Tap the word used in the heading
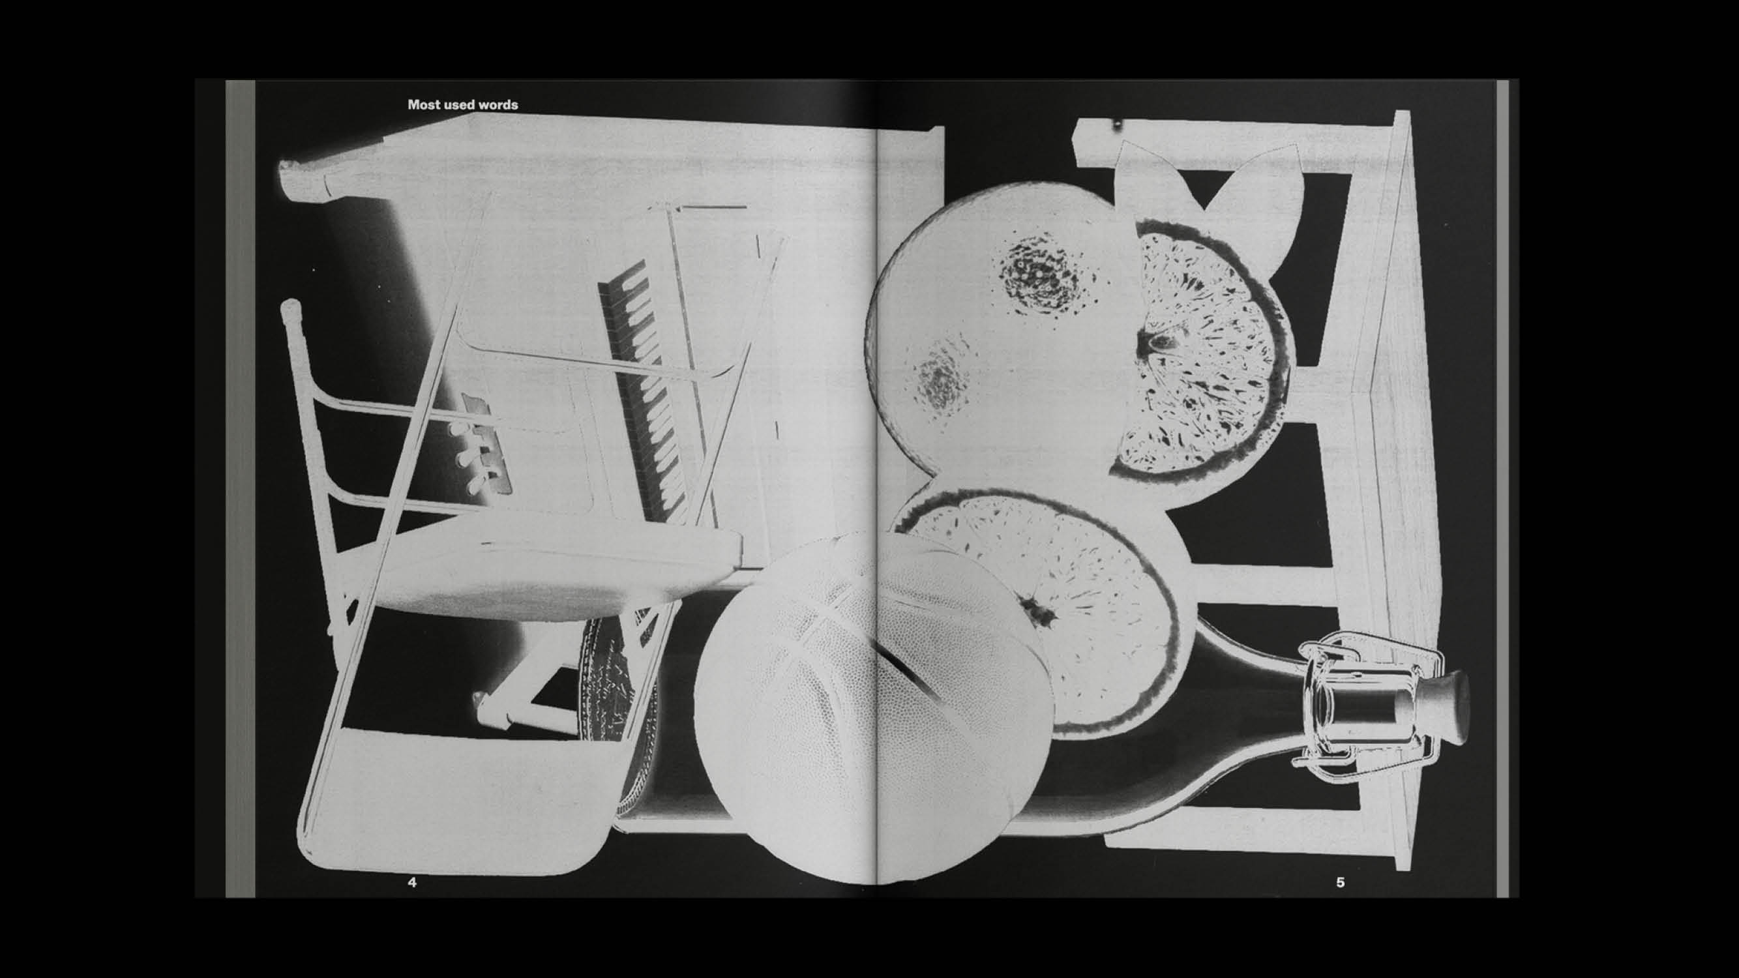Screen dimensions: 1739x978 click(x=460, y=104)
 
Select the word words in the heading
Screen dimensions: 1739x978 click(x=499, y=104)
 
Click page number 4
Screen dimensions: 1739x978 click(x=413, y=882)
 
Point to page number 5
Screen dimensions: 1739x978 click(x=1340, y=882)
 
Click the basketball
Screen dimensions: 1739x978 click(x=871, y=709)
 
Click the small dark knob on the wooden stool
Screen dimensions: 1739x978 click(x=1116, y=125)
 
